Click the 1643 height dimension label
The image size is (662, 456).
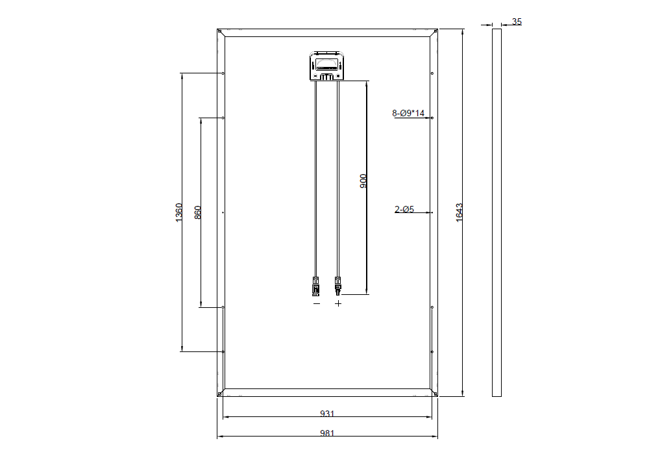(460, 212)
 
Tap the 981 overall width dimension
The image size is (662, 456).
(327, 433)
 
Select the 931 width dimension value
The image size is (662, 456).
(327, 414)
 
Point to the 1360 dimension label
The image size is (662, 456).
(179, 212)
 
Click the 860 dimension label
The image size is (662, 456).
(197, 212)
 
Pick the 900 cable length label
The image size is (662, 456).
(363, 181)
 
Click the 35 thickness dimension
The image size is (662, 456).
(517, 21)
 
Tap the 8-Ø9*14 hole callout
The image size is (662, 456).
(408, 113)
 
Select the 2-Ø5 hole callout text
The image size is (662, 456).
(404, 209)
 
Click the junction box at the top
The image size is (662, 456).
(326, 66)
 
